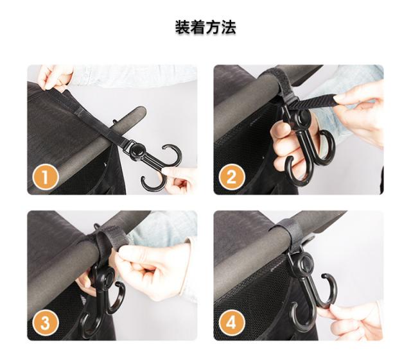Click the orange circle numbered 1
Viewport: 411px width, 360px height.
(x=46, y=177)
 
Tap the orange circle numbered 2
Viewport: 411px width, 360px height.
(x=232, y=177)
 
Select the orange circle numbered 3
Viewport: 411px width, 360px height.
(x=46, y=323)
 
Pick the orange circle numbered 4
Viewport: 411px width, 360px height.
(x=232, y=323)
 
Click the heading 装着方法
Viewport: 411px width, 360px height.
(x=205, y=27)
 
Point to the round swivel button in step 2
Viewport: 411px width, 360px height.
(x=304, y=116)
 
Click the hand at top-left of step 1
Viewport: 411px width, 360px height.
(x=55, y=78)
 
